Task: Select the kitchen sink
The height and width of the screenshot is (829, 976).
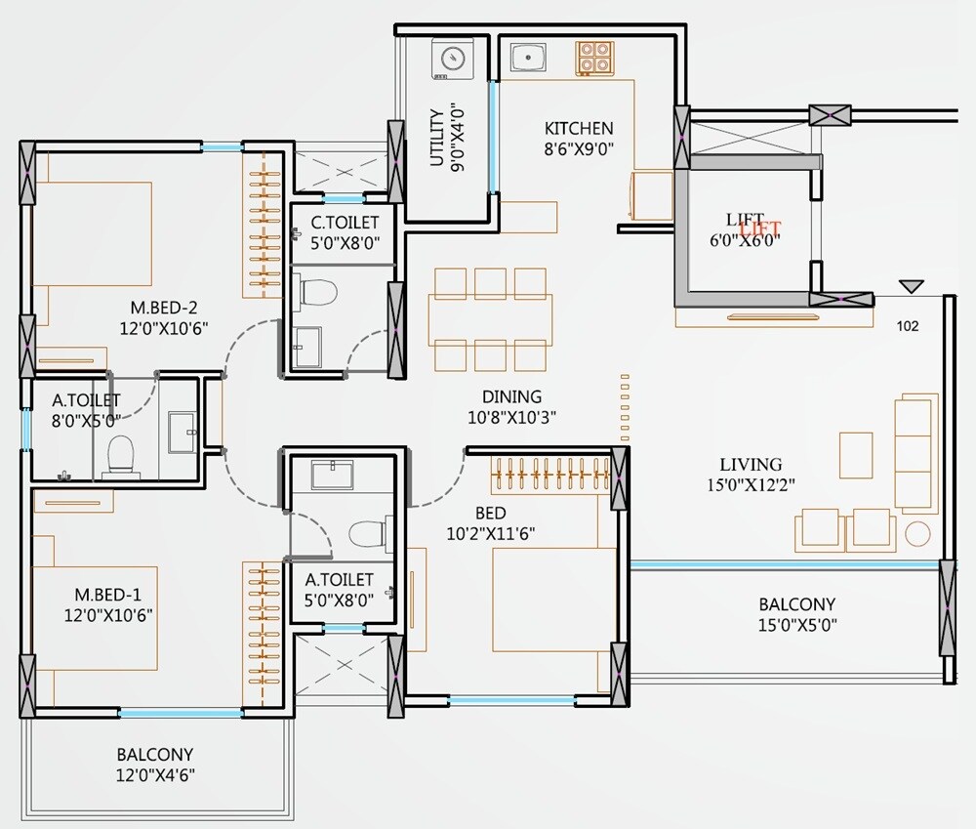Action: (528, 58)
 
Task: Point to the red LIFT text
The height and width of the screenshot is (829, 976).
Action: (761, 228)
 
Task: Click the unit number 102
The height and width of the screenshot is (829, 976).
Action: (907, 327)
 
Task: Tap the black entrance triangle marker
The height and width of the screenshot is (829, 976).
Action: (912, 287)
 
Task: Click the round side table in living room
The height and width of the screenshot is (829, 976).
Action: (916, 533)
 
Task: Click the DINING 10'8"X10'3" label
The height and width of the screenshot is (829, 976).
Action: (511, 407)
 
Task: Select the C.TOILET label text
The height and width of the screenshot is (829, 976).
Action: (345, 223)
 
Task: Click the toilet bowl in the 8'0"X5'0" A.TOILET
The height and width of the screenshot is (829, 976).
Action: (120, 453)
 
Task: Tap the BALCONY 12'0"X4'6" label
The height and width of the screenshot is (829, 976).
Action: (154, 765)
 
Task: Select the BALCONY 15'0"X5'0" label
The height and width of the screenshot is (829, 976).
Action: (797, 614)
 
